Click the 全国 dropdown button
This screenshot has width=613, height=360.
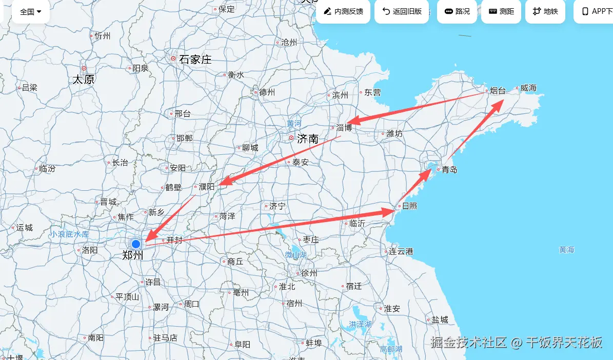[31, 11]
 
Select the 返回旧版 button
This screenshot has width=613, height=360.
[402, 11]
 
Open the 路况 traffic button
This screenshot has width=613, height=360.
[457, 11]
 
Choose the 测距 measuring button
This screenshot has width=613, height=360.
[501, 11]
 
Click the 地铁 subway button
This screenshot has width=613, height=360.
[545, 11]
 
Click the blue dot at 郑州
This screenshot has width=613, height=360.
[136, 244]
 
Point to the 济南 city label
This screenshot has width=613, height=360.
[308, 138]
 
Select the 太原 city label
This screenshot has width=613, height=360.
[83, 79]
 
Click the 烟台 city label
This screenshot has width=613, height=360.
[498, 91]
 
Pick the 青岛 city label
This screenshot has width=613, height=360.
[449, 170]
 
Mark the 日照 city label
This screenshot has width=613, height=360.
[409, 206]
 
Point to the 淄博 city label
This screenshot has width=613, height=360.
[344, 128]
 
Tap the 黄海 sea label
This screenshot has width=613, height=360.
[566, 250]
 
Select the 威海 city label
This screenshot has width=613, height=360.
[528, 88]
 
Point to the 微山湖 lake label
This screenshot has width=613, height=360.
[296, 255]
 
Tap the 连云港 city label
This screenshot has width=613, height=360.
[401, 251]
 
